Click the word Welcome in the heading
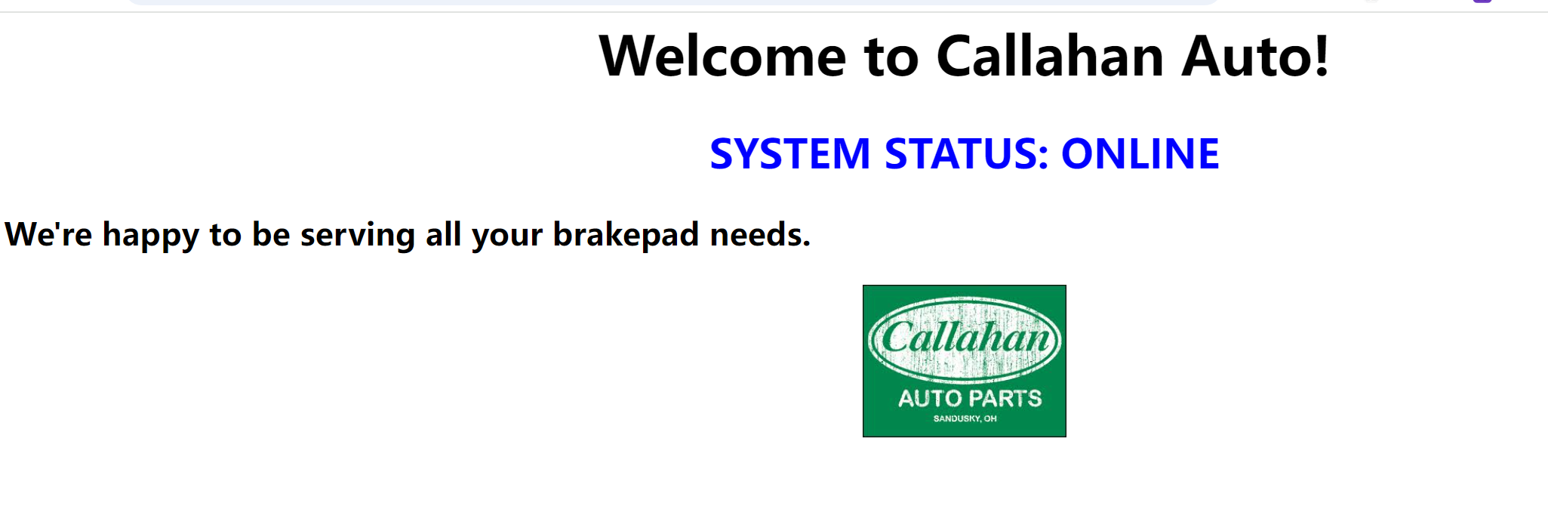(722, 57)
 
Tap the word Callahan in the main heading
(1050, 56)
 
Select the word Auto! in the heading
(1255, 57)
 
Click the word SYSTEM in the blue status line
(790, 154)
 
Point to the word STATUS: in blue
(966, 154)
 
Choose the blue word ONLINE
(1140, 154)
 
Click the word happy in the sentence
(151, 236)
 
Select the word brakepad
(626, 235)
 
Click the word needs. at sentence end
(760, 235)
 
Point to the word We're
(48, 234)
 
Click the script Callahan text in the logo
(965, 337)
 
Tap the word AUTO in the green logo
(929, 399)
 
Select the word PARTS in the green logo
(1005, 399)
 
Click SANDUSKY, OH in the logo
(965, 418)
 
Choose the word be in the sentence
(270, 234)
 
